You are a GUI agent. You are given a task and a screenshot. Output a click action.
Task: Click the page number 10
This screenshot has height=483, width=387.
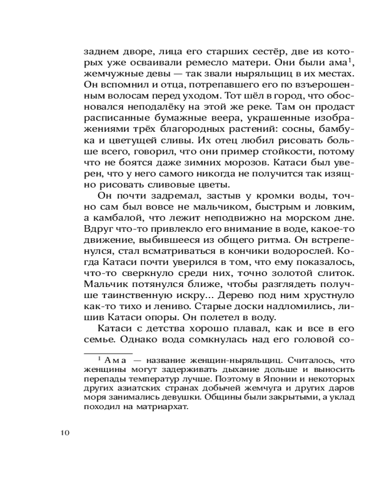[65, 432]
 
